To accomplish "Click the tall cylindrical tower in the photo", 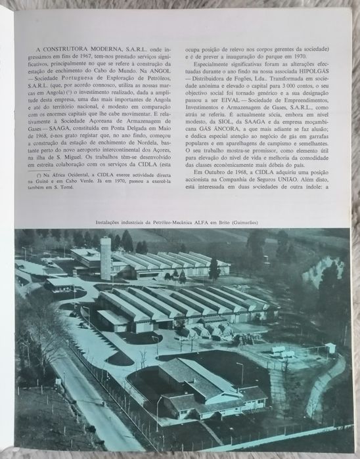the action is click(105, 258).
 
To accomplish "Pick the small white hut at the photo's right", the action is click(329, 348).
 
